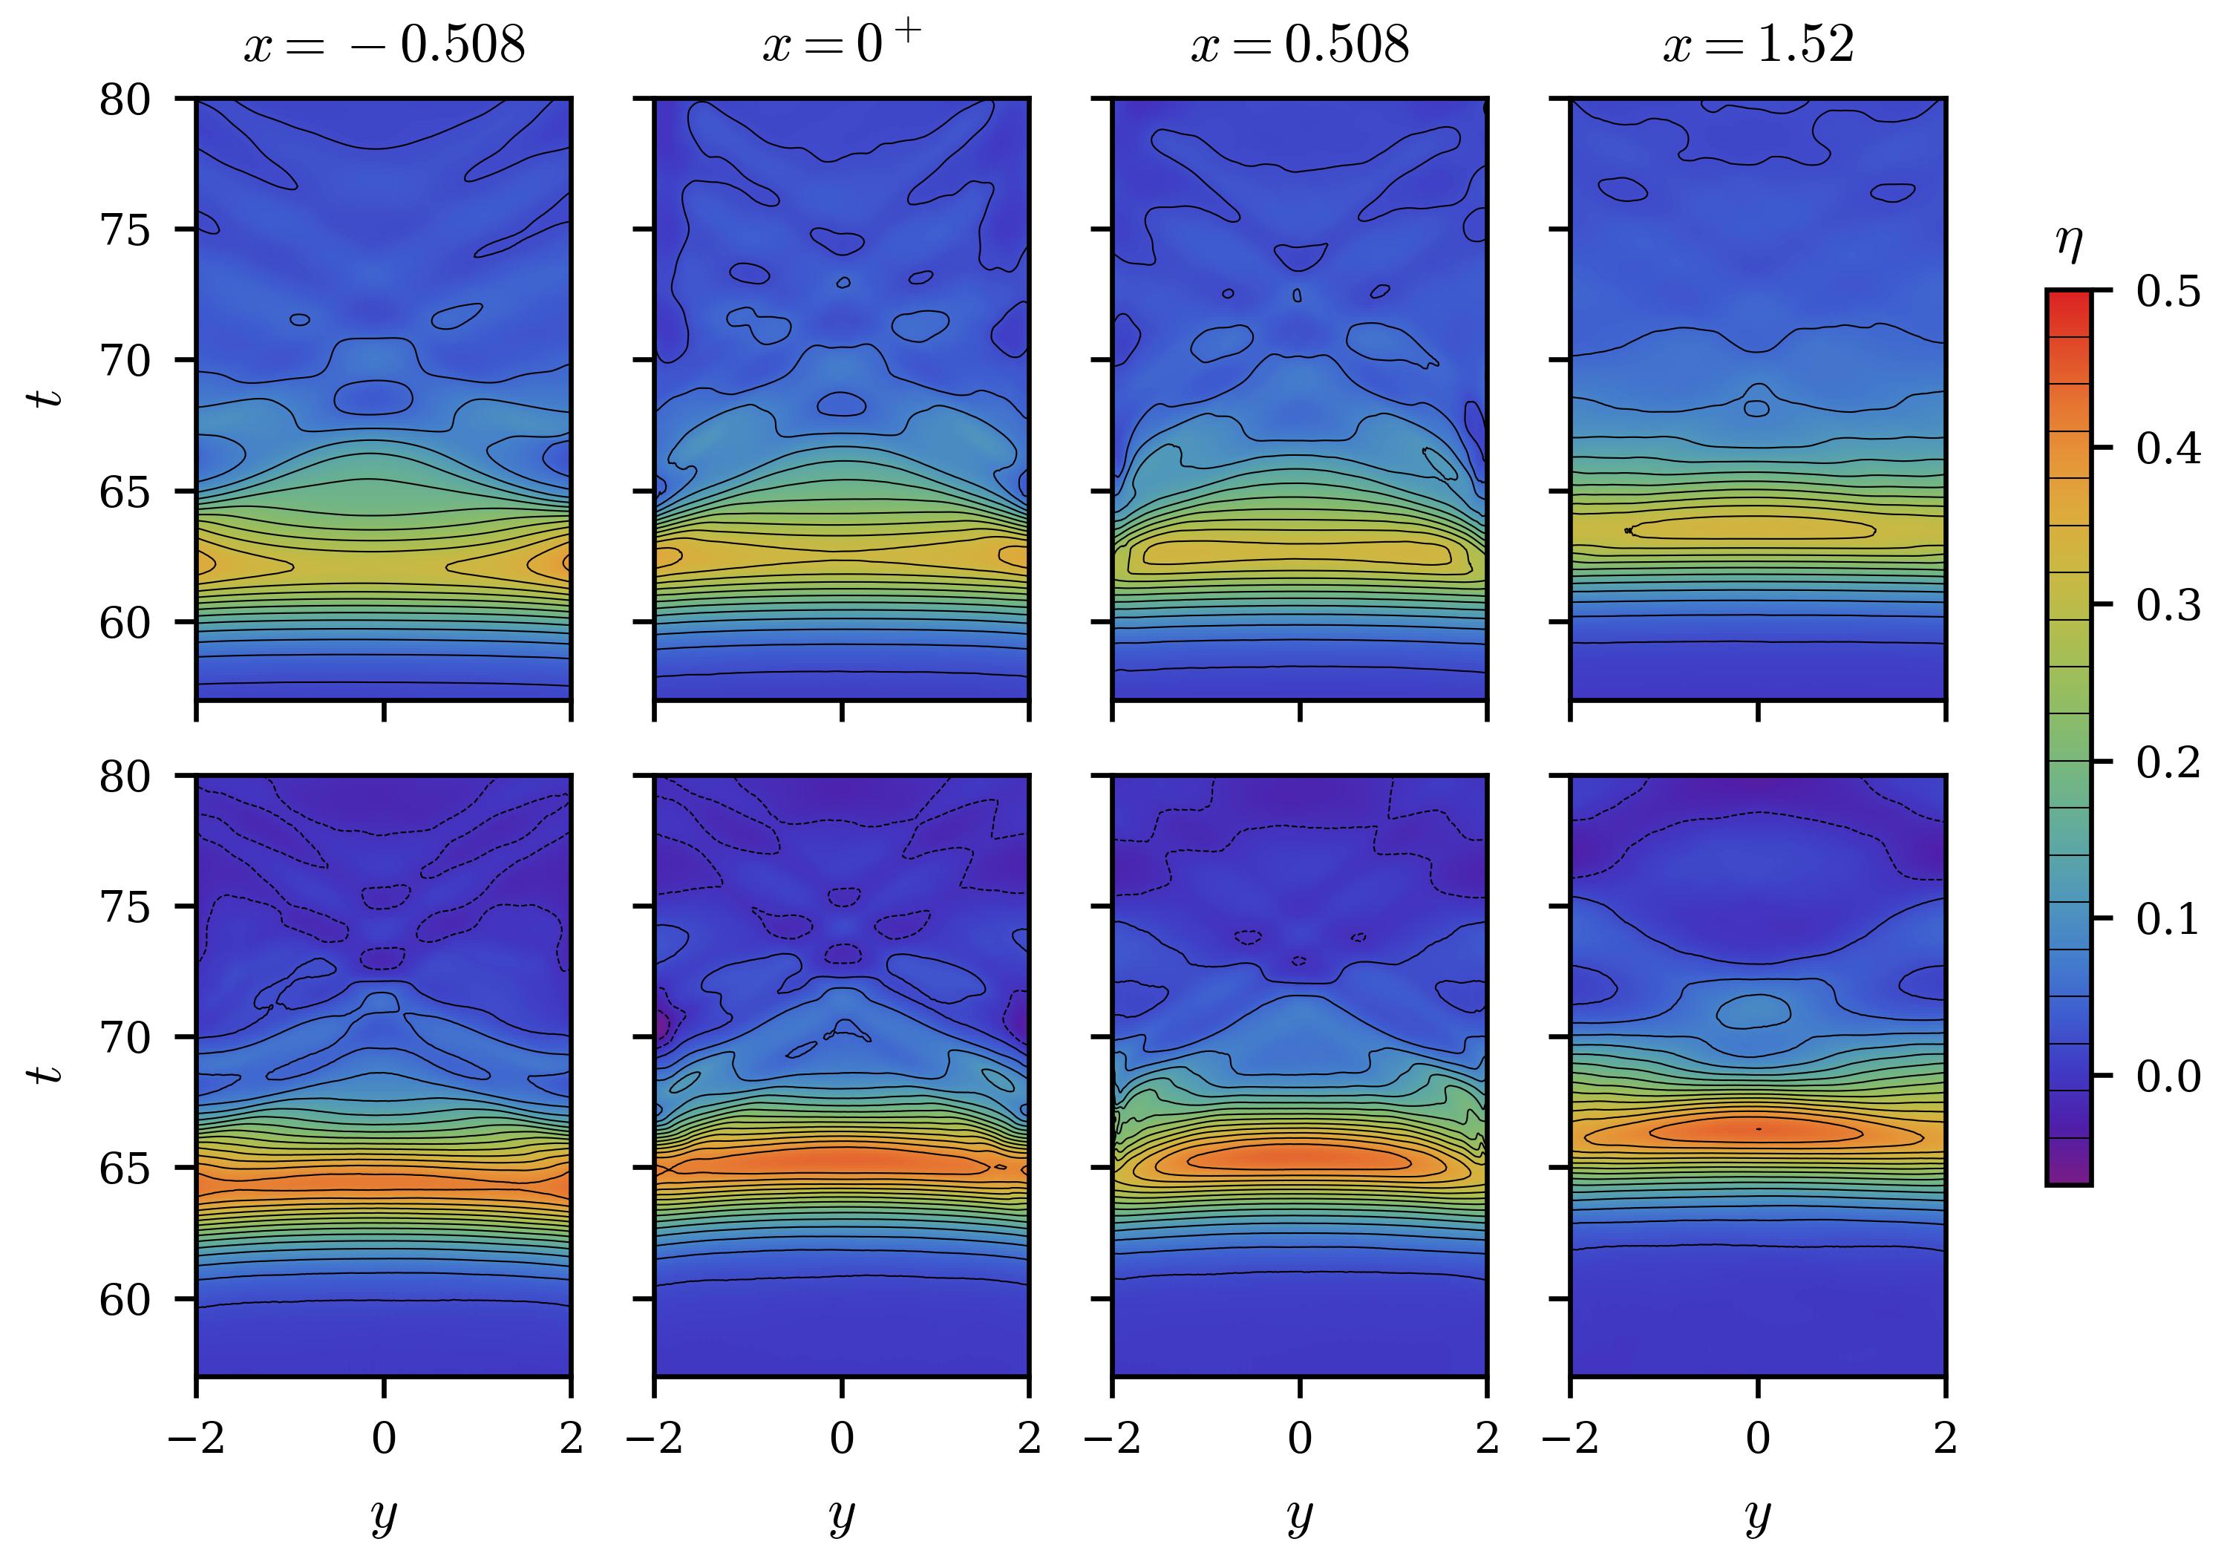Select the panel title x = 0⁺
(841, 44)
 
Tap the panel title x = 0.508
(1300, 45)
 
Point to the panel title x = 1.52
(1758, 45)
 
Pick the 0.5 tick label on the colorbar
(2168, 290)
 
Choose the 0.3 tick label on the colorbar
(2168, 604)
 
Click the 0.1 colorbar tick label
(2168, 919)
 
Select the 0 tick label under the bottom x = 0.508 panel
(1300, 1438)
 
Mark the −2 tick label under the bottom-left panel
(196, 1438)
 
